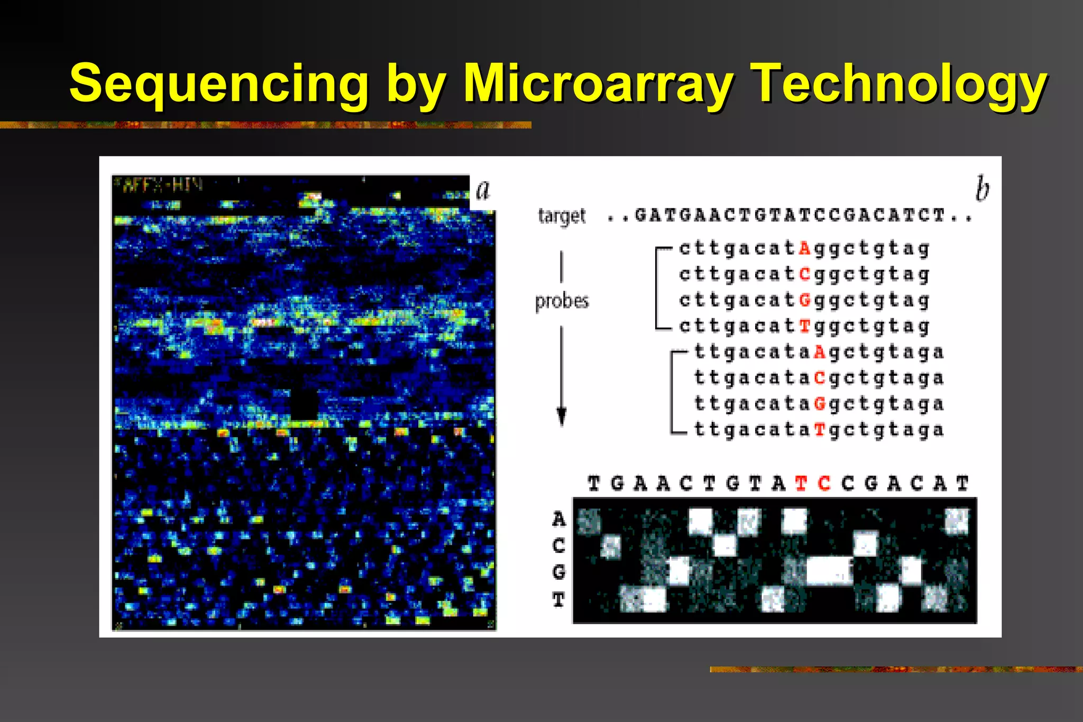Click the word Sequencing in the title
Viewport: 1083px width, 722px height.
point(219,84)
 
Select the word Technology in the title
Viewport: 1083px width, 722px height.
point(899,84)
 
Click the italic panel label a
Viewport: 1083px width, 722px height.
point(483,190)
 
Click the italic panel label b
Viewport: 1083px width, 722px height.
point(982,189)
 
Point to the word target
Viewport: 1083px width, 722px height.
point(562,216)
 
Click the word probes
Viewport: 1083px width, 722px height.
point(562,301)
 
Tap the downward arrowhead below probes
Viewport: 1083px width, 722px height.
point(562,417)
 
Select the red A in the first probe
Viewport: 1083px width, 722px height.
point(805,248)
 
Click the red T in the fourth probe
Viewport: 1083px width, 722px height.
point(805,326)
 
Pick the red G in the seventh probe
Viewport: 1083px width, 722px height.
point(820,403)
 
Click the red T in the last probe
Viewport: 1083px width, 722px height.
point(820,429)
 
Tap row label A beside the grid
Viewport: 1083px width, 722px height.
point(558,519)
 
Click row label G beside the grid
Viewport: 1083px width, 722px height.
point(558,572)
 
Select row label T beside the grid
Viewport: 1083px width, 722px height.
point(558,600)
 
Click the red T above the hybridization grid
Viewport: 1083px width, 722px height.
point(801,483)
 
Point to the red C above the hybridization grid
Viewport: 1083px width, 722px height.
point(824,483)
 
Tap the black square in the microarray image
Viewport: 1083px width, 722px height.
point(304,404)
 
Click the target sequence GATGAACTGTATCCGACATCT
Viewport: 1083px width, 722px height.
point(790,216)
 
